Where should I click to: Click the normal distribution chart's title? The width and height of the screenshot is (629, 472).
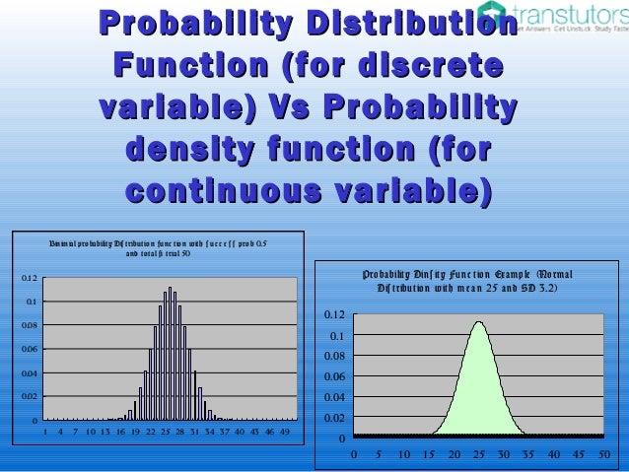coord(466,281)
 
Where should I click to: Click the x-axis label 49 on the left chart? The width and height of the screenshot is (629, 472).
coord(285,432)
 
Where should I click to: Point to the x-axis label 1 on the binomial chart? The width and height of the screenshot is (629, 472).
coord(46,432)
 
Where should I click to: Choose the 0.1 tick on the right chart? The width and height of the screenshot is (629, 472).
coord(338,336)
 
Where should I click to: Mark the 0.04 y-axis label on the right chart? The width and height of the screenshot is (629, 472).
coord(335,397)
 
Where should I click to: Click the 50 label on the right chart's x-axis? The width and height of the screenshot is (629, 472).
coord(603,455)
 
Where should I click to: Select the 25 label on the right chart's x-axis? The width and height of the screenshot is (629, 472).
coord(478,455)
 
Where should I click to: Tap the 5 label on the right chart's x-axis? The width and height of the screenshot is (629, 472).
coord(379,455)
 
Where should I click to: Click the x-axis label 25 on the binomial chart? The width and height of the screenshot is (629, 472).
coord(166,432)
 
